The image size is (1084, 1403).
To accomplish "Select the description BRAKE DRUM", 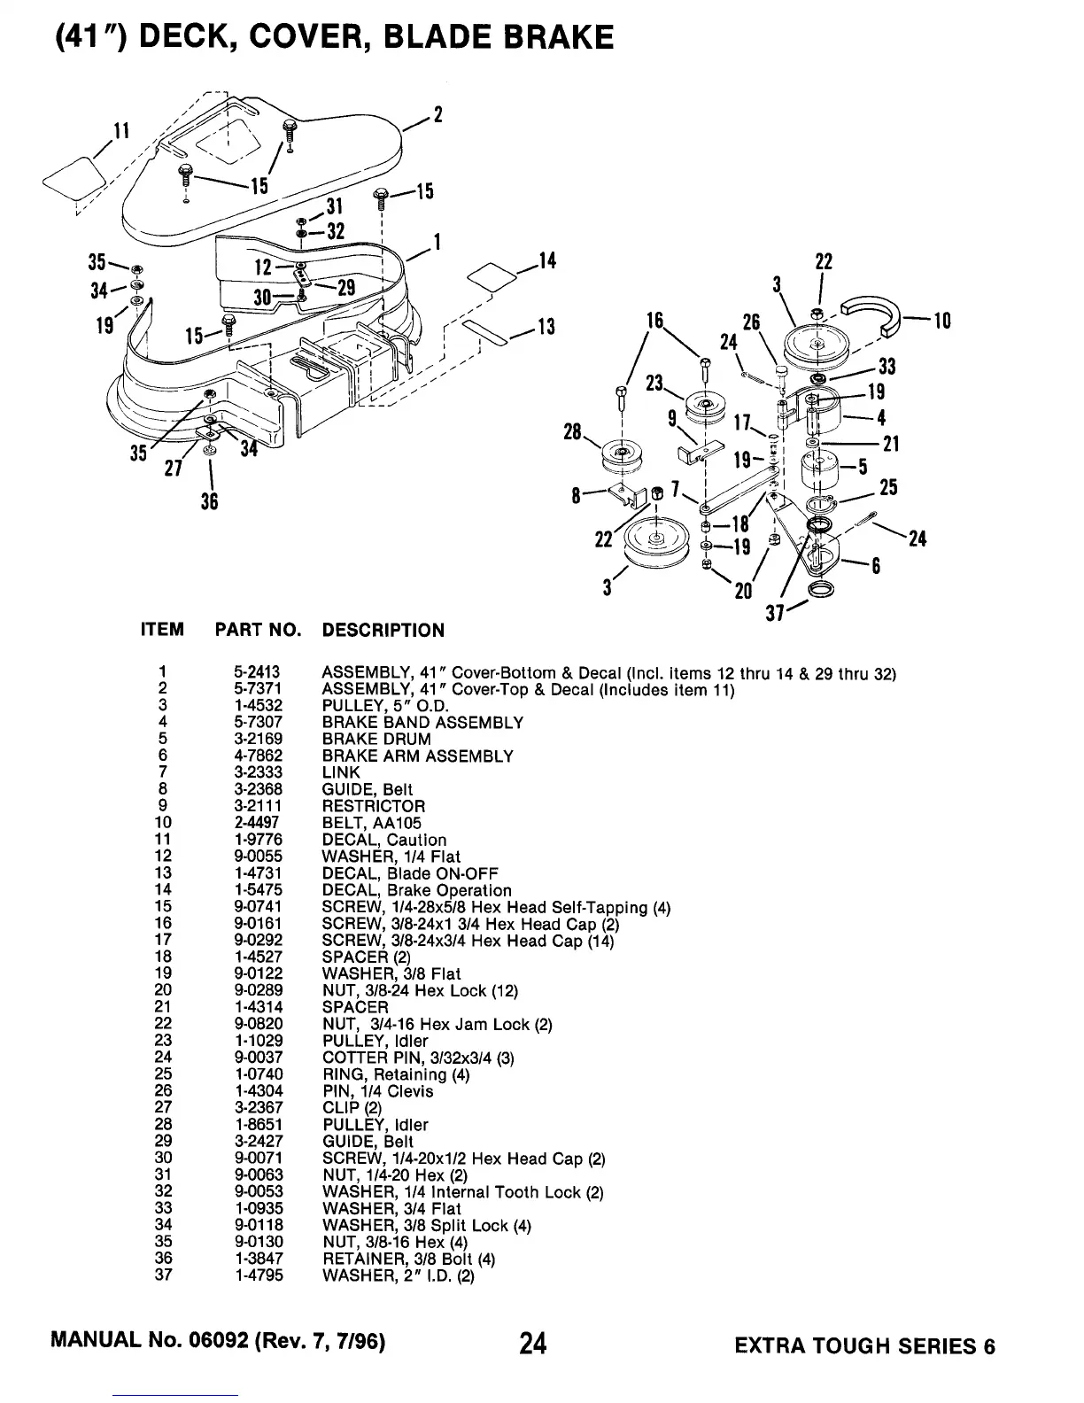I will point(376,740).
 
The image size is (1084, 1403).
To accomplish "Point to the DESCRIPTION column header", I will point(383,631).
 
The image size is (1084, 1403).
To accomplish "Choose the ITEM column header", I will point(163,631).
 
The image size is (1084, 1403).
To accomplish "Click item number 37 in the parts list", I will point(163,1275).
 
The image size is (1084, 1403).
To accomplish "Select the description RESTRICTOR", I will point(373,807).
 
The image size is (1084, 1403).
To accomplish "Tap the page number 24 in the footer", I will point(533,1345).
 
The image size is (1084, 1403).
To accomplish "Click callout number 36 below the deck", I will point(209,501).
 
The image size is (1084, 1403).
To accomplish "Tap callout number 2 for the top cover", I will point(437,114).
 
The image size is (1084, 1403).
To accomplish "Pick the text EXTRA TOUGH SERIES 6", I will point(864,1346).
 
